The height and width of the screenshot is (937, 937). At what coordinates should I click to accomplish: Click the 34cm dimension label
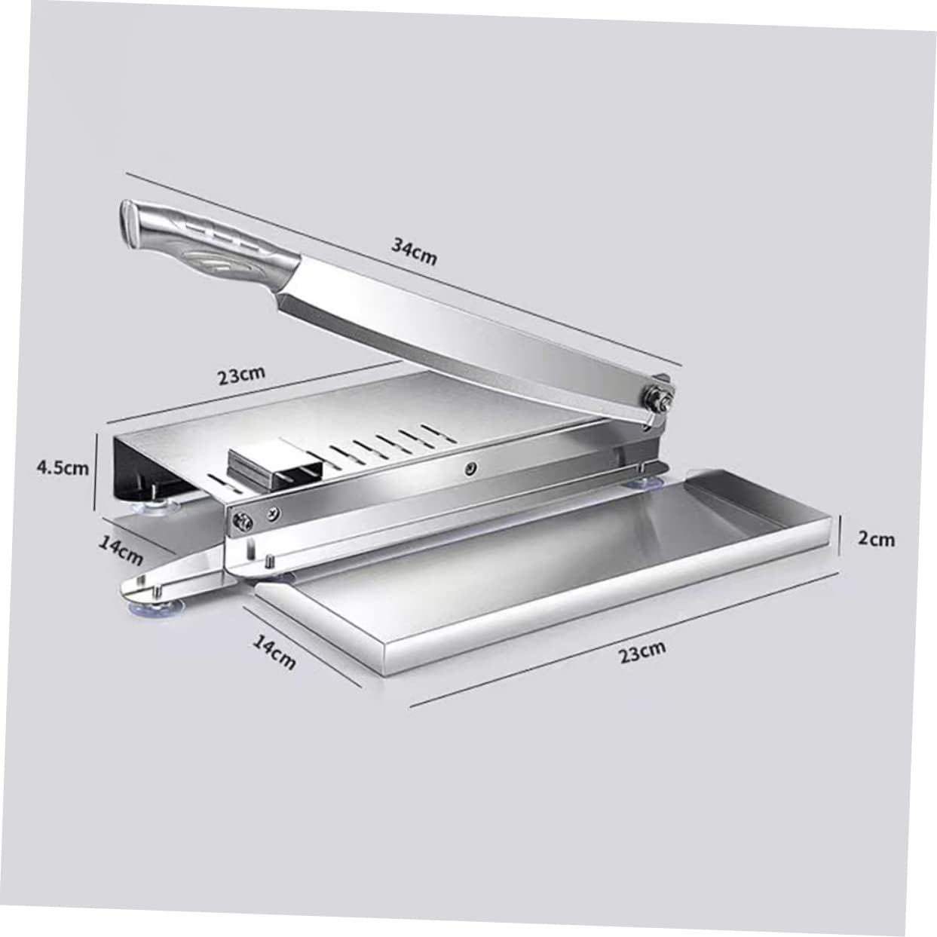click(x=414, y=251)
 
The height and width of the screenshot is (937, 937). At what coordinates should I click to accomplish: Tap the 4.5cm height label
click(x=63, y=467)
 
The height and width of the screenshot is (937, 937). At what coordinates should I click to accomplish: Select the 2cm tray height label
click(x=876, y=538)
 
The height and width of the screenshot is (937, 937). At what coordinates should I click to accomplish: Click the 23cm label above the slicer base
click(x=241, y=375)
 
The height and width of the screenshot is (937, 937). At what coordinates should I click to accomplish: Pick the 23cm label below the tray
click(x=642, y=651)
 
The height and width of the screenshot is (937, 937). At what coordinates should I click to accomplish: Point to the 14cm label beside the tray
click(x=274, y=652)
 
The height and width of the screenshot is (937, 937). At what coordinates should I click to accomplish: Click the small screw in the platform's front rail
click(x=470, y=469)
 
